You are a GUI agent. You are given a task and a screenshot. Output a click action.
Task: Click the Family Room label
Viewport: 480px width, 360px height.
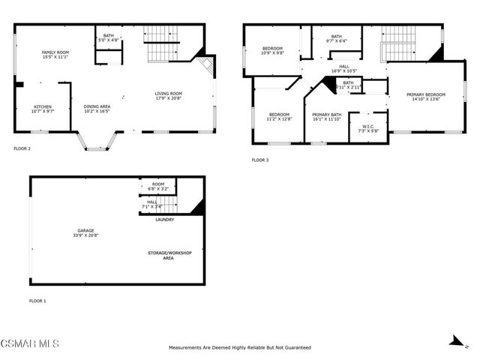tap(55, 55)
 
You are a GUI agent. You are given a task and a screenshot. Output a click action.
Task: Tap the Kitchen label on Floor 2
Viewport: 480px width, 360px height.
tap(42, 109)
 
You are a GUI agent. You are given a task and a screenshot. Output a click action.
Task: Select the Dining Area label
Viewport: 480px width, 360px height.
tap(97, 109)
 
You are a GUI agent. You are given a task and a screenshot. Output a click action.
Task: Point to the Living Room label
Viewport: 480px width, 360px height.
tap(169, 95)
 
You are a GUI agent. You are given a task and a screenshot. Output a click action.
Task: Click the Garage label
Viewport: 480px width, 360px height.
tap(83, 232)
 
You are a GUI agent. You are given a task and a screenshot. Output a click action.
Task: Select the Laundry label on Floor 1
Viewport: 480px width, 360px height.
tap(165, 220)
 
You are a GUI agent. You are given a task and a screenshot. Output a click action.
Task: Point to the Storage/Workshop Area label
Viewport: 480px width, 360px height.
tap(169, 255)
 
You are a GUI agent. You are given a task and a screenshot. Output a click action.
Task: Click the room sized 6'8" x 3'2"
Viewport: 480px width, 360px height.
tap(158, 187)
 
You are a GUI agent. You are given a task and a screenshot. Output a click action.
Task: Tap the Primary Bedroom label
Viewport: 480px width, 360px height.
tap(426, 97)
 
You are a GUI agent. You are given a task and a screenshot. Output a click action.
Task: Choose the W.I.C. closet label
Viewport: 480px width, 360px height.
tap(367, 127)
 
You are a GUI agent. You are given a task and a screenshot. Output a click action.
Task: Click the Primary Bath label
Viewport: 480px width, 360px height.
tap(327, 116)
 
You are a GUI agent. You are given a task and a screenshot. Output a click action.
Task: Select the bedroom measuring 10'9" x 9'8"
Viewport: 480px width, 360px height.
tap(272, 52)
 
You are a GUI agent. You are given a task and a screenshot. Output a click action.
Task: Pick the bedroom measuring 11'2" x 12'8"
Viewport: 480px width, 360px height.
tap(279, 116)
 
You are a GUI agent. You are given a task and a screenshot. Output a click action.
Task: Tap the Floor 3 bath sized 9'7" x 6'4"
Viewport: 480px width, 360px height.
tap(336, 39)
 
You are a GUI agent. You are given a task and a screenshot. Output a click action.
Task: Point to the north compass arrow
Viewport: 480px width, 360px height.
tap(454, 340)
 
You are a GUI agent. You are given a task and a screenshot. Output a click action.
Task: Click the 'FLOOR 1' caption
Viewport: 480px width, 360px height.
tap(37, 301)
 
